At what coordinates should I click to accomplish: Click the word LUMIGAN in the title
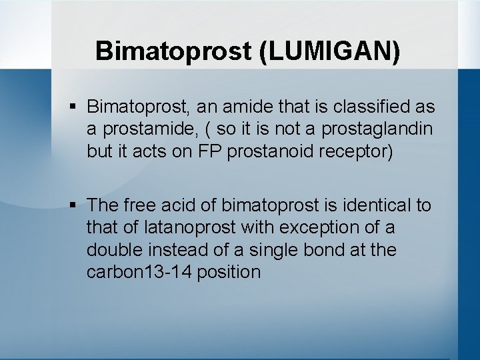333,51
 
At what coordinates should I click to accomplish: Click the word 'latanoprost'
189,227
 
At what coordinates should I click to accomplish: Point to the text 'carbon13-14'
139,273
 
